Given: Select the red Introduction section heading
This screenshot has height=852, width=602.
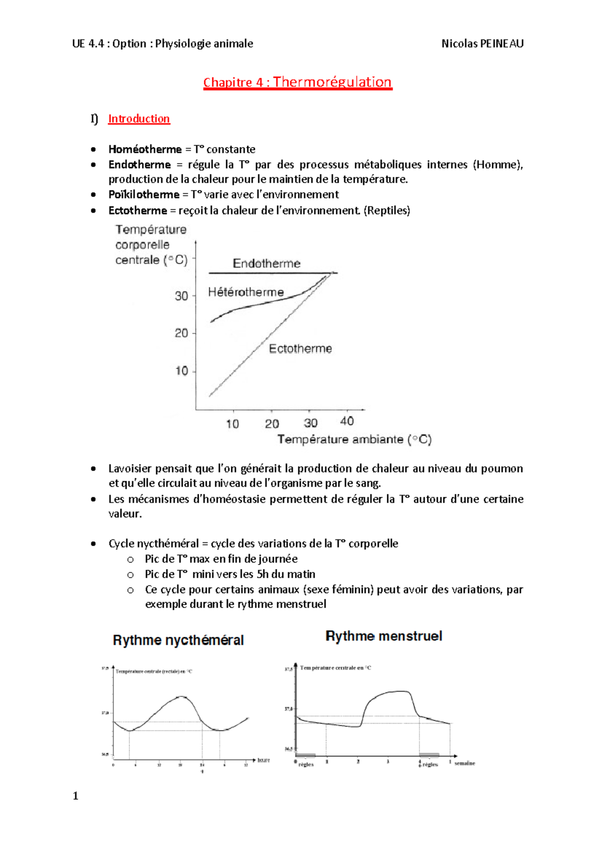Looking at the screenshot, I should coord(139,119).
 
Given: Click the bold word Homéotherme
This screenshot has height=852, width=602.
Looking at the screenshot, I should coord(145,150).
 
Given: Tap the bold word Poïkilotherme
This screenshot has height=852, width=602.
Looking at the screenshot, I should coord(144,195).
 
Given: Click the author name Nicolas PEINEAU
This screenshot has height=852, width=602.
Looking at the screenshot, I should coord(482,44).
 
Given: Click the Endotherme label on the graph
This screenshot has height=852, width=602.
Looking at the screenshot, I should coord(266,263).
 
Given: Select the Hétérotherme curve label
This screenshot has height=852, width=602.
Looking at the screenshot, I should coord(246,292).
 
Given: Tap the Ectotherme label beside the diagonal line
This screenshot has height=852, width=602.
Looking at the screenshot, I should coord(300,349).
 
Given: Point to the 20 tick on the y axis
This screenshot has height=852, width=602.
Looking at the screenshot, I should coord(181,333).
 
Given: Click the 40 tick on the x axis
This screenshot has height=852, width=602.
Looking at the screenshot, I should coord(347,421).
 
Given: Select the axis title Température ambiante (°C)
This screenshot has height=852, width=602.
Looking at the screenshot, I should coord(354,440).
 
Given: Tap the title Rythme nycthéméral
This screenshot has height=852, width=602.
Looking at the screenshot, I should coord(178,640).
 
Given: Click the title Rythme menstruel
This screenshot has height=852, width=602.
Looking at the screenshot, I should coord(384,636).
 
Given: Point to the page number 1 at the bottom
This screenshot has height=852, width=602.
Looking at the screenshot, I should coord(76,796).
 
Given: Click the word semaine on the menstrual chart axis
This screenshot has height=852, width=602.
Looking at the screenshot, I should coord(465,763).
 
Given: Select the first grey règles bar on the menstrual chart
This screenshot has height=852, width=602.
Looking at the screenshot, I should coord(306,755).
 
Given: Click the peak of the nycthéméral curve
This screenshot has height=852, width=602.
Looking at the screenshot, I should coord(181,696).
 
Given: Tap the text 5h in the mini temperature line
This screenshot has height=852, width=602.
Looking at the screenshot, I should coord(262,574).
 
